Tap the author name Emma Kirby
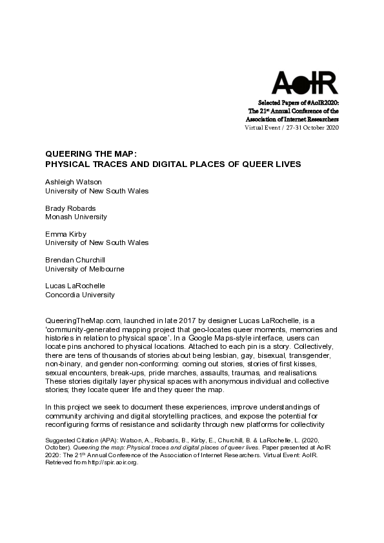tap(65, 234)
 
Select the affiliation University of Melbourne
tap(85, 269)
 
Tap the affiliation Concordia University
tap(80, 295)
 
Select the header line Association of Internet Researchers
tap(294, 119)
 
